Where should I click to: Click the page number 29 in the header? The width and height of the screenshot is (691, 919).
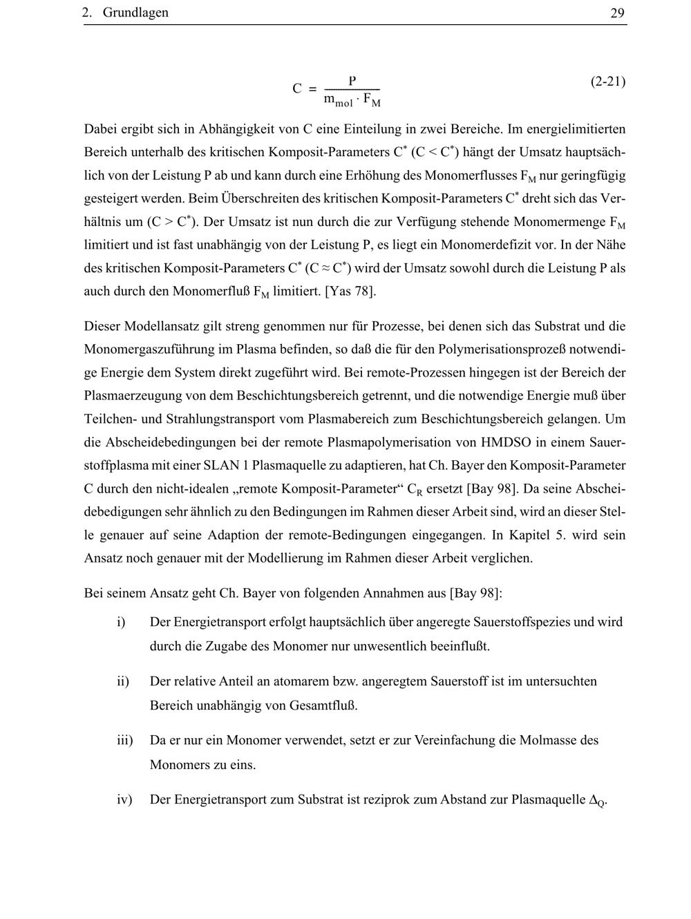click(618, 13)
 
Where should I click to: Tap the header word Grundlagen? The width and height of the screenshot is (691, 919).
click(135, 13)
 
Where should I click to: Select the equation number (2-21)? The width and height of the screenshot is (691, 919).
click(608, 82)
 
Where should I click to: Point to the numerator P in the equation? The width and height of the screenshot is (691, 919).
click(352, 81)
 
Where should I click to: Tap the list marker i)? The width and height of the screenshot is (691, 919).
click(121, 622)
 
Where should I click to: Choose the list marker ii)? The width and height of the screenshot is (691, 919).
click(123, 681)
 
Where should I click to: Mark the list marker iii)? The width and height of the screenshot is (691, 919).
click(124, 740)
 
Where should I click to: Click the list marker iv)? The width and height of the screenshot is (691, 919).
click(124, 799)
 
